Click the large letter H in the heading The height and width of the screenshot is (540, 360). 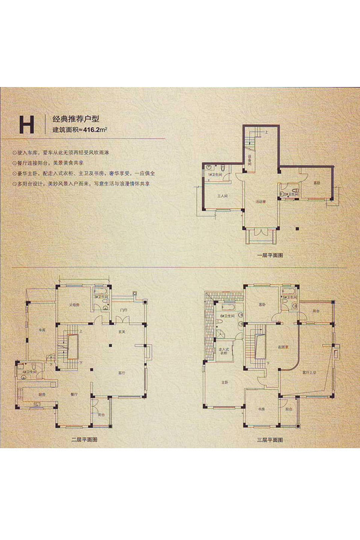pos(26,125)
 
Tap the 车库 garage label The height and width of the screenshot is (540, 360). pos(42,330)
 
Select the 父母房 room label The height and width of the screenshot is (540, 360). pos(74,305)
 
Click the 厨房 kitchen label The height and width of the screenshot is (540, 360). pos(42,395)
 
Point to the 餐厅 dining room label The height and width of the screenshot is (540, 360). pos(75,394)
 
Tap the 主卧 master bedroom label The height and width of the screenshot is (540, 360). pos(224,381)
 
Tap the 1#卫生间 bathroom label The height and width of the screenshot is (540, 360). pos(214,175)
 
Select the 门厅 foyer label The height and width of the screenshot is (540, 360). pos(122,310)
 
